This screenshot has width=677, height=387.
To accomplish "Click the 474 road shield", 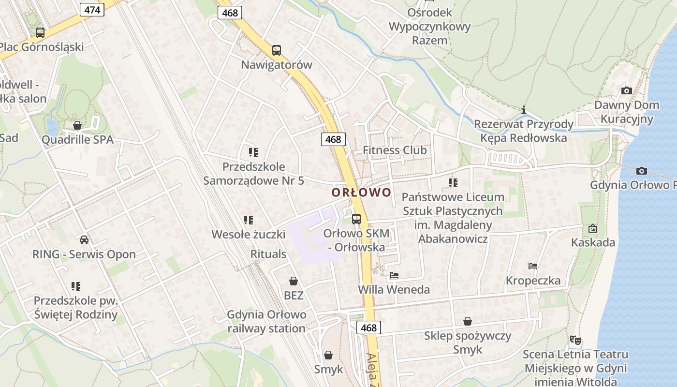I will [92, 9].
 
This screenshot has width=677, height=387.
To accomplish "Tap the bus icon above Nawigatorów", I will [276, 50].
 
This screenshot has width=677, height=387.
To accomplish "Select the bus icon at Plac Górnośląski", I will [40, 32].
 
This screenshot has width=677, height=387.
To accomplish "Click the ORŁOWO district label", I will [361, 193].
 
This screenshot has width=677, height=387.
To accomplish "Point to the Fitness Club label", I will [395, 150].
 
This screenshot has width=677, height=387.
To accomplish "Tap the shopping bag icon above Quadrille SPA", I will [77, 125].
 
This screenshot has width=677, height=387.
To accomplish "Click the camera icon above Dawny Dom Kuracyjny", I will [626, 90].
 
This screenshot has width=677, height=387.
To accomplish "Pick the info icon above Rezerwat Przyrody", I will [523, 110].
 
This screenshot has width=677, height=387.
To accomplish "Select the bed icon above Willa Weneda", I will [394, 275].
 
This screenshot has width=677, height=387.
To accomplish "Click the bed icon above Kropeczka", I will [533, 266].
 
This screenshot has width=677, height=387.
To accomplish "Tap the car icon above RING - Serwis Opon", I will [84, 239].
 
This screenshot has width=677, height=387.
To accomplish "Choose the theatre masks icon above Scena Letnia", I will [574, 340].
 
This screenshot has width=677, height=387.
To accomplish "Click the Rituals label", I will [268, 254].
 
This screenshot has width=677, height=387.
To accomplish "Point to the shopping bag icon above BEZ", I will [293, 281].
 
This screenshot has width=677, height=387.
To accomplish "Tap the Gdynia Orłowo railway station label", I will [266, 322].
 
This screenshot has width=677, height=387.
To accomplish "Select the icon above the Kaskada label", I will [592, 228].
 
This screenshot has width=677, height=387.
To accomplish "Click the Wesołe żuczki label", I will [249, 235].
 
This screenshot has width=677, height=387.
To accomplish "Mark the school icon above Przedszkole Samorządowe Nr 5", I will [253, 152].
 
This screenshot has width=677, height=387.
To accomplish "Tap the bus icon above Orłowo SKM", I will [356, 219].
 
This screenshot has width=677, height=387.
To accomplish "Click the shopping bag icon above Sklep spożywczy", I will [467, 321].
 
